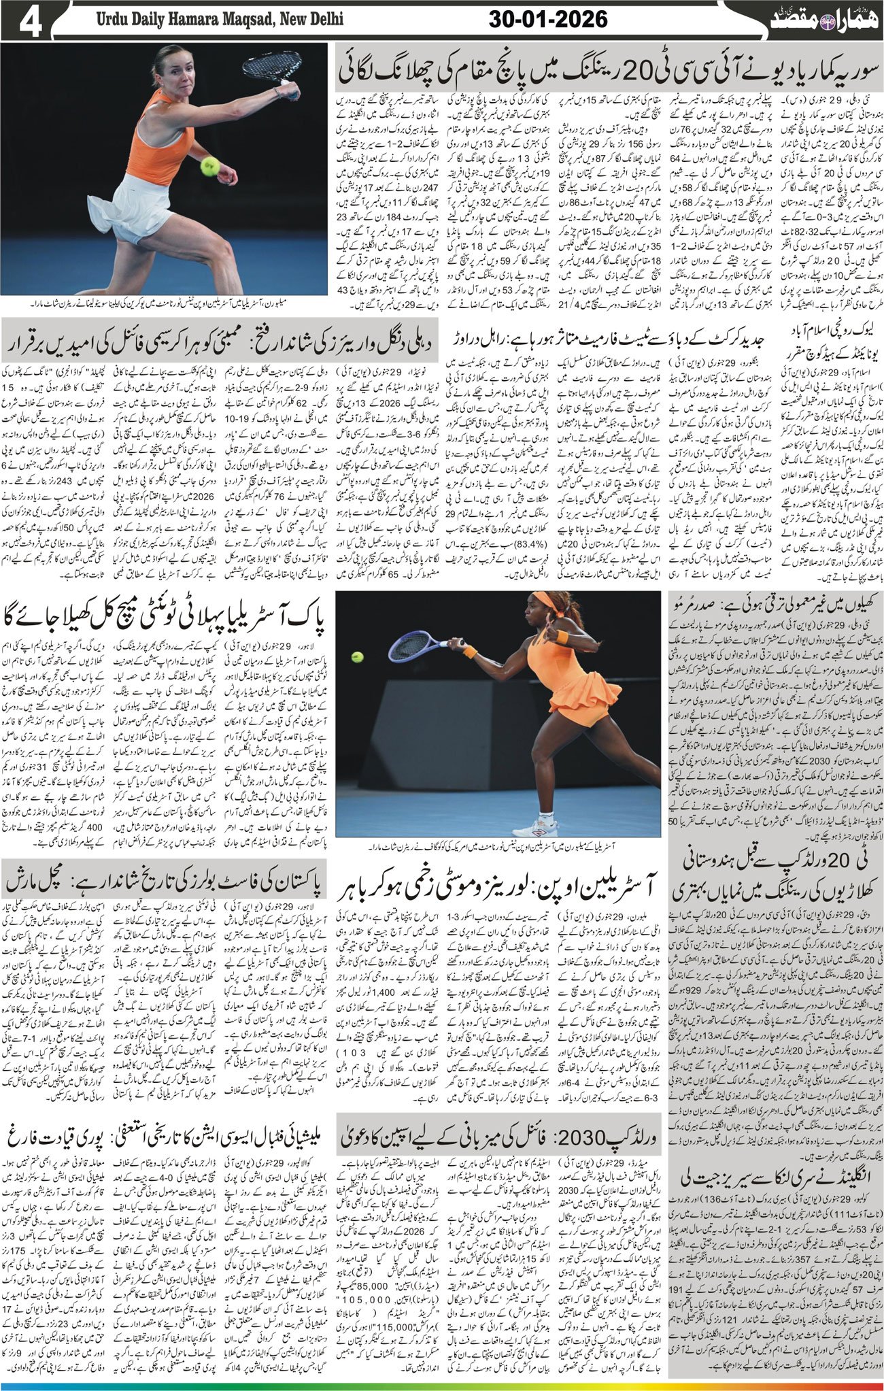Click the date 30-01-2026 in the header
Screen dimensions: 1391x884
tap(548, 20)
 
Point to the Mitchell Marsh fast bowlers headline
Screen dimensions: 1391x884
tap(167, 882)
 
